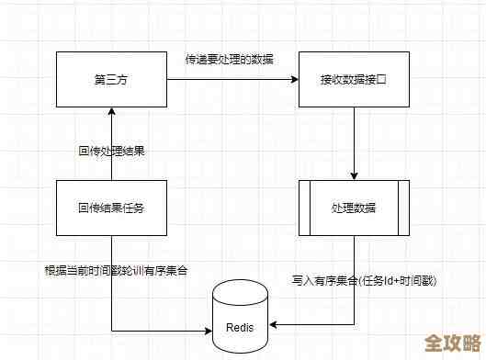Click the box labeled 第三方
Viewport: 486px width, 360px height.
[x=110, y=80]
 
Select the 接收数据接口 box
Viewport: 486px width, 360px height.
[x=354, y=80]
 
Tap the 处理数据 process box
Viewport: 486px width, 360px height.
[x=354, y=208]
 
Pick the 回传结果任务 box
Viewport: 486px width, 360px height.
[x=110, y=208]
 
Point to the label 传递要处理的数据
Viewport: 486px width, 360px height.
[x=229, y=60]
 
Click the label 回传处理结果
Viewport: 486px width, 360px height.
[x=111, y=150]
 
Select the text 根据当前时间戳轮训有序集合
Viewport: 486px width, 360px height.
[x=117, y=270]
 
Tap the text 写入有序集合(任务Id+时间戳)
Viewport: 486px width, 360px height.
[x=364, y=280]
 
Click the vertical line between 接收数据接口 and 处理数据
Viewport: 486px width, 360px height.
[x=354, y=142]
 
